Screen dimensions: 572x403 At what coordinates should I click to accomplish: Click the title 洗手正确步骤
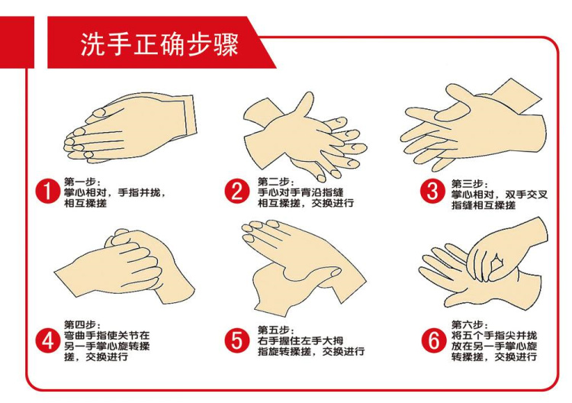click(159, 44)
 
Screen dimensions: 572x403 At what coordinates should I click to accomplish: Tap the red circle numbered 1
click(47, 191)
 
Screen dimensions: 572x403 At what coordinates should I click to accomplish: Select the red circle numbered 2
click(236, 191)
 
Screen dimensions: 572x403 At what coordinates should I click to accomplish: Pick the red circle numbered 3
click(432, 191)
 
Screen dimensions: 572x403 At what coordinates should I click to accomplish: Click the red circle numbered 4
click(47, 341)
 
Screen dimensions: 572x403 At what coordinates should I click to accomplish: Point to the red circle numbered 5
click(236, 341)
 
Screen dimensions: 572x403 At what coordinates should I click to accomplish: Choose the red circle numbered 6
click(433, 341)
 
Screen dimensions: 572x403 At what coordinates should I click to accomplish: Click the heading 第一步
click(80, 182)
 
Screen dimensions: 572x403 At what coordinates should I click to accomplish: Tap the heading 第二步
click(274, 182)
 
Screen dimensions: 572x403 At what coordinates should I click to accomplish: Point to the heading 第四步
click(80, 324)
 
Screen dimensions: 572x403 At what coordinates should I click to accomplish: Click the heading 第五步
click(274, 330)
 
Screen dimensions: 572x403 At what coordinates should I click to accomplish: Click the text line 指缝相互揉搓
click(484, 205)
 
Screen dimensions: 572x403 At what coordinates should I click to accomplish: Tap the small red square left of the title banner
click(17, 42)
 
